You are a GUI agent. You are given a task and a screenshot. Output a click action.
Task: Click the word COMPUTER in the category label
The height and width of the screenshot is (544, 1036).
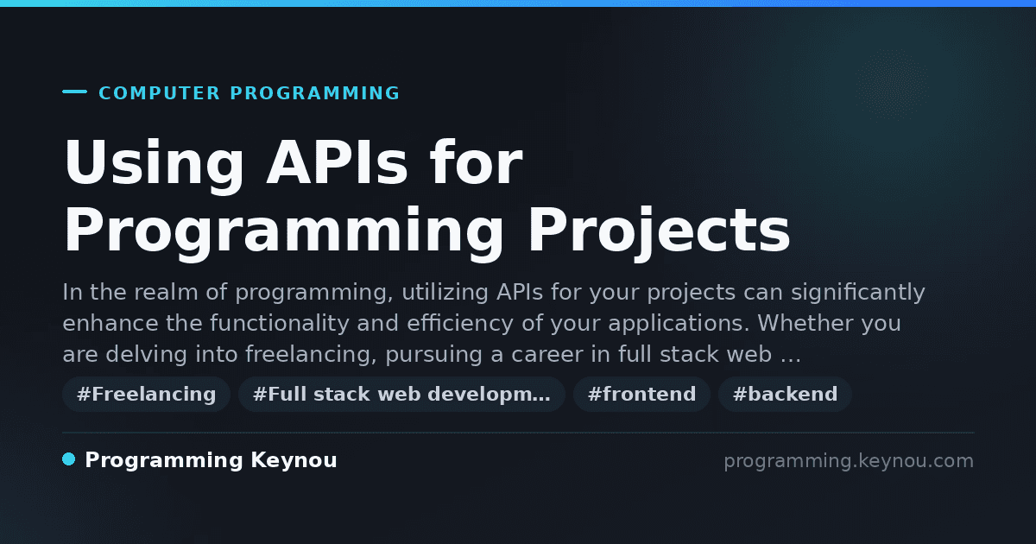pyautogui.click(x=159, y=93)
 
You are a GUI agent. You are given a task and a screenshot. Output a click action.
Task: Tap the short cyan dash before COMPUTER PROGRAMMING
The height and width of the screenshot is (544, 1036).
pyautogui.click(x=74, y=92)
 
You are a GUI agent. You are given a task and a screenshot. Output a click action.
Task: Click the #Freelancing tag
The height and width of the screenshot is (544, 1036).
pyautogui.click(x=147, y=394)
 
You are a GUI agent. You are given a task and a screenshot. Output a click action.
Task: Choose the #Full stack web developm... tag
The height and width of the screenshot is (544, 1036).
pyautogui.click(x=401, y=394)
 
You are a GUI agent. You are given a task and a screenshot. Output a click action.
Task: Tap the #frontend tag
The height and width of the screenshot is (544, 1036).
pyautogui.click(x=641, y=394)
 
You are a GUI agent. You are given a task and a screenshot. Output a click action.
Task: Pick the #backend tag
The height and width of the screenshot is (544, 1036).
pyautogui.click(x=785, y=394)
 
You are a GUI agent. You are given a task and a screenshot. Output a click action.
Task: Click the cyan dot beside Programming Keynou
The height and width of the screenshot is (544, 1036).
pyautogui.click(x=68, y=459)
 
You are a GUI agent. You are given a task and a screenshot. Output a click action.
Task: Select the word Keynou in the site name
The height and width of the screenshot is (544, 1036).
pyautogui.click(x=294, y=461)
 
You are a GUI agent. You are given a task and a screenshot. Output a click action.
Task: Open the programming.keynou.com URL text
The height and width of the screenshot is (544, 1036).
pyautogui.click(x=849, y=461)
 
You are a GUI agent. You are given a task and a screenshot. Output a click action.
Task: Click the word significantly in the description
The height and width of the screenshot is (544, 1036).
pyautogui.click(x=858, y=293)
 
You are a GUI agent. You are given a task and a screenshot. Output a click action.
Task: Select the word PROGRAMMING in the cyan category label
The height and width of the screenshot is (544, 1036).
pyautogui.click(x=314, y=93)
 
